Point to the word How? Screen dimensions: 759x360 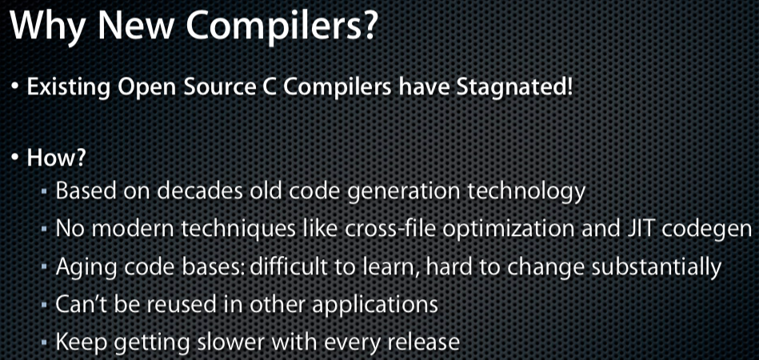[x=56, y=158]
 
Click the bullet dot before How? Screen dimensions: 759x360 [x=17, y=158]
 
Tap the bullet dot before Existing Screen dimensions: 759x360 [x=17, y=88]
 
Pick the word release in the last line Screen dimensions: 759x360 [x=421, y=342]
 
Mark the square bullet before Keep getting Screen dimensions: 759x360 [x=44, y=343]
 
